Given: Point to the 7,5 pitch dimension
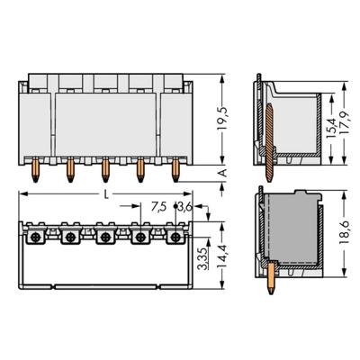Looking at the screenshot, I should tap(157, 207).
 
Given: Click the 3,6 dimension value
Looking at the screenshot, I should tap(184, 207).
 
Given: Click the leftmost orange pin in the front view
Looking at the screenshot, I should tap(32, 167).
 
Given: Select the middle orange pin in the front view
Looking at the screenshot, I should tap(104, 167).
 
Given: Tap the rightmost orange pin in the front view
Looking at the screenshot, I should tap(176, 167).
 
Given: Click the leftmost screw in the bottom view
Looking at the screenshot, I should tap(32, 238).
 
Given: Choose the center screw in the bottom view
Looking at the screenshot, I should tap(104, 238).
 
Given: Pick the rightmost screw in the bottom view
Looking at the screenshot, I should tap(176, 238).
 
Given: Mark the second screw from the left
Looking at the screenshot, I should tap(68, 238).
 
